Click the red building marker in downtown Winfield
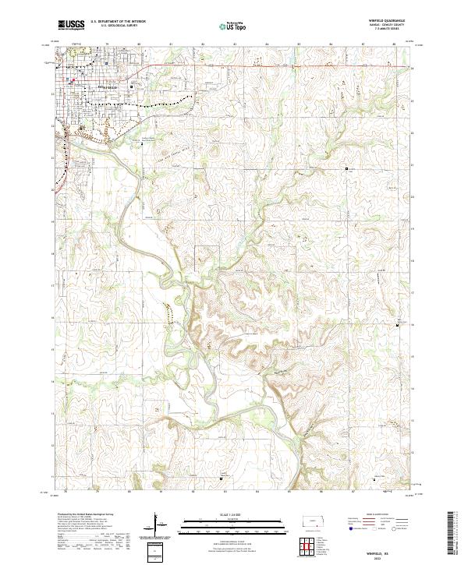pyautogui.click(x=72, y=79)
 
